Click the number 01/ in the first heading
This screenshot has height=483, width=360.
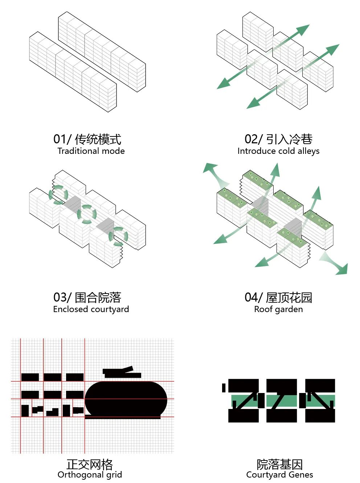(x=62, y=139)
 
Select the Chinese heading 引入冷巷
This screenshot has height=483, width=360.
(x=289, y=139)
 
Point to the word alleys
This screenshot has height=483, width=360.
(x=308, y=151)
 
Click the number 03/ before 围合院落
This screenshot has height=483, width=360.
(x=62, y=297)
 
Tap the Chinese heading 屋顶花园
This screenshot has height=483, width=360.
(x=289, y=297)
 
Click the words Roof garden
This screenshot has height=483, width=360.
(x=278, y=309)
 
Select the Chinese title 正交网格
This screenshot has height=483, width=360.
(x=90, y=464)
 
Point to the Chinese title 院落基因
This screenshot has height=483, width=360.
(x=279, y=464)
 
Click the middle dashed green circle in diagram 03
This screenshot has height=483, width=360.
(x=87, y=214)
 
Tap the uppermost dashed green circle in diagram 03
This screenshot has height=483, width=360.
(x=58, y=195)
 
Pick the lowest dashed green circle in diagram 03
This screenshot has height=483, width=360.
(x=118, y=236)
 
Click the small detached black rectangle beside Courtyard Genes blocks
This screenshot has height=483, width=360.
(x=224, y=388)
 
